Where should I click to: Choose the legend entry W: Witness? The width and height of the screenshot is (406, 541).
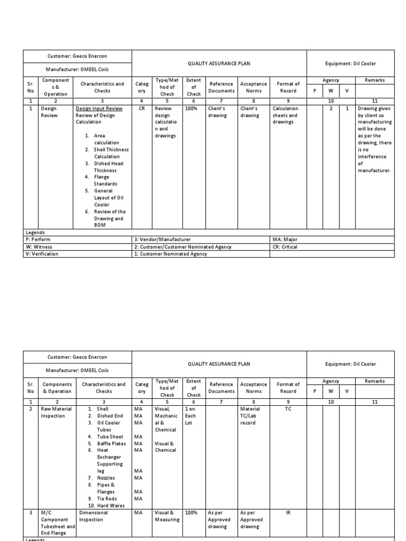[39, 247]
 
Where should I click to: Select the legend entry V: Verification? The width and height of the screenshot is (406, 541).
[42, 254]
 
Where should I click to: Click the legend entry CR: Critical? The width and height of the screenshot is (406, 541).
[284, 247]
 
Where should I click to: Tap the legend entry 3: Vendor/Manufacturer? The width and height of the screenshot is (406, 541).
[163, 239]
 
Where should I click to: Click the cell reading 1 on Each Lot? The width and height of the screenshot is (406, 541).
[191, 416]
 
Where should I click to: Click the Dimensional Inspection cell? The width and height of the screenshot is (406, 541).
[94, 516]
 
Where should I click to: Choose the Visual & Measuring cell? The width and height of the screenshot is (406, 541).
[167, 516]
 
